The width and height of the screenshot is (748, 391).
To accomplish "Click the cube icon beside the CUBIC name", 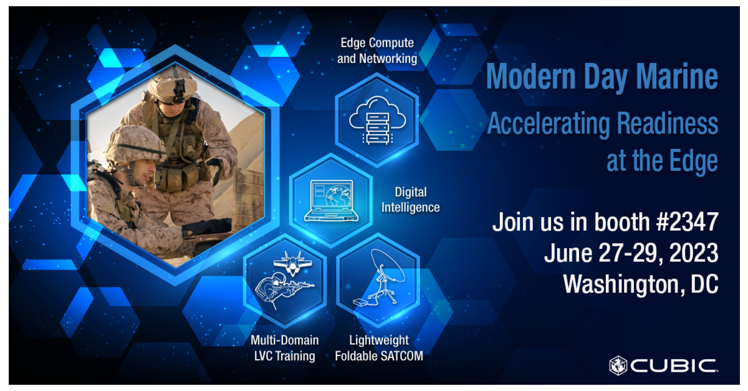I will pyautogui.click(x=618, y=365).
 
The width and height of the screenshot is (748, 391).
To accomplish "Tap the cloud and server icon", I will pyautogui.click(x=376, y=119).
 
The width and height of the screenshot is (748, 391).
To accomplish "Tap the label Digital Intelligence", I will pyautogui.click(x=410, y=200).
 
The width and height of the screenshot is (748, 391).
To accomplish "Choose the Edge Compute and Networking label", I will pyautogui.click(x=376, y=51).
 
